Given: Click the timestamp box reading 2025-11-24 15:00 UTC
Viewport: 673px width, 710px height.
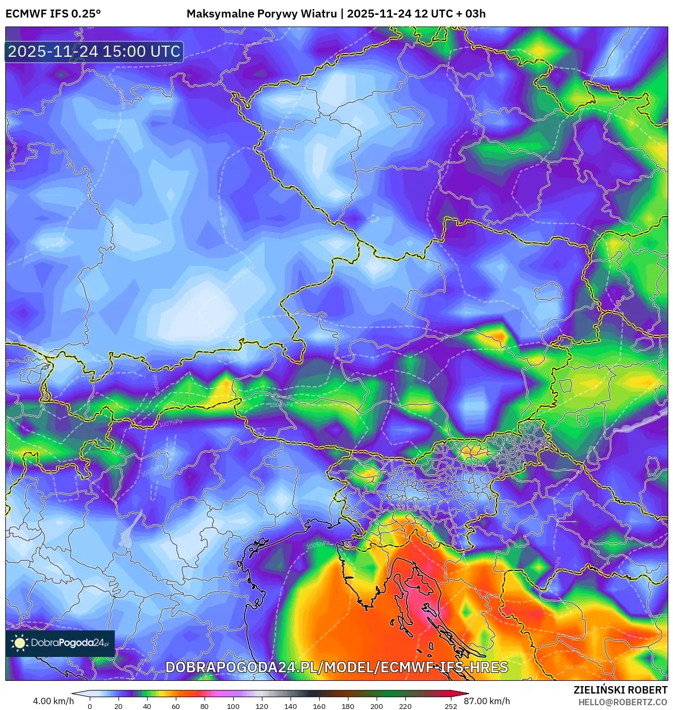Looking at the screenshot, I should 94,51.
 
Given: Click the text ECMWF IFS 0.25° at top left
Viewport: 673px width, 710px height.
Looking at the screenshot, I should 53,14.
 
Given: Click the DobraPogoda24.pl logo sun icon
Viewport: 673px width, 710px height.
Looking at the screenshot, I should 20,643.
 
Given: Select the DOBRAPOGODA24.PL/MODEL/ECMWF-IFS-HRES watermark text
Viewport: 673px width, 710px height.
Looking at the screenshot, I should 336,668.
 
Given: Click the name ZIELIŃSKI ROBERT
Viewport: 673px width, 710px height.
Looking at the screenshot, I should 620,690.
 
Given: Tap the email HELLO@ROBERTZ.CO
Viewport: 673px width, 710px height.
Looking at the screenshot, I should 623,702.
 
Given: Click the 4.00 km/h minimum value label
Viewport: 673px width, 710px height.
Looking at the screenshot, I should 53,701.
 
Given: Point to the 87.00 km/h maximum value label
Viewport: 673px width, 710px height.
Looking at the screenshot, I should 487,701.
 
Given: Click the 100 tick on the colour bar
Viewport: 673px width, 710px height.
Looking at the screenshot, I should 233,706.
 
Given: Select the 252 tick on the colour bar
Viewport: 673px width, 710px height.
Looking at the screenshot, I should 450,706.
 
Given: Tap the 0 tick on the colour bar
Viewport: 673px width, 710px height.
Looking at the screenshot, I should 89,706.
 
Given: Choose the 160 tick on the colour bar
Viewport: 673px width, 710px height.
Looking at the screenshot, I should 319,706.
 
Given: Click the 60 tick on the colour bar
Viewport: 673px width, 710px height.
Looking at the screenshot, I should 175,706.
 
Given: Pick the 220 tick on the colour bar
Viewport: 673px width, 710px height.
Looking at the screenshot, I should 405,706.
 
